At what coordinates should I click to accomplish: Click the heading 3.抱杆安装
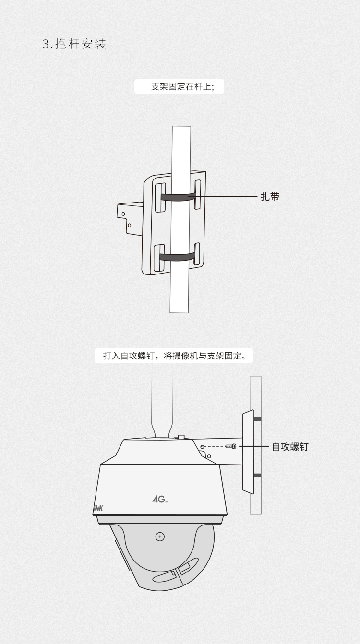pyautogui.click(x=74, y=44)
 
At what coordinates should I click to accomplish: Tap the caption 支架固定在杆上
pyautogui.click(x=182, y=87)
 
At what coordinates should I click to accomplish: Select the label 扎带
pyautogui.click(x=270, y=196)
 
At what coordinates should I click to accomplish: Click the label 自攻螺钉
pyautogui.click(x=290, y=447)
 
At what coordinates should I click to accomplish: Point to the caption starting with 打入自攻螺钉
pyautogui.click(x=174, y=356)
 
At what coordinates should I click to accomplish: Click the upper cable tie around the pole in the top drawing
pyautogui.click(x=178, y=196)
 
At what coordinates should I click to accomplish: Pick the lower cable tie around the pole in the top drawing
pyautogui.click(x=178, y=257)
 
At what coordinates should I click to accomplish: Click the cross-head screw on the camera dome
pyautogui.click(x=160, y=537)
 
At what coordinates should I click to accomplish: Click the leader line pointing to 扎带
pyautogui.click(x=226, y=196)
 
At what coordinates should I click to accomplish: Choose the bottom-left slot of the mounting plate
pyautogui.click(x=161, y=258)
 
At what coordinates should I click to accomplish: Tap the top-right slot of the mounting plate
pyautogui.click(x=197, y=194)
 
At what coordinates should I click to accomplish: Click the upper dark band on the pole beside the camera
pyautogui.click(x=257, y=419)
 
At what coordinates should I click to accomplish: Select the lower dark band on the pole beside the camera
pyautogui.click(x=257, y=475)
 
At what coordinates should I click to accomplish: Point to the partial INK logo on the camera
pyautogui.click(x=98, y=507)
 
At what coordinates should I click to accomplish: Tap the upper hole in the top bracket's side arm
pyautogui.click(x=123, y=213)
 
